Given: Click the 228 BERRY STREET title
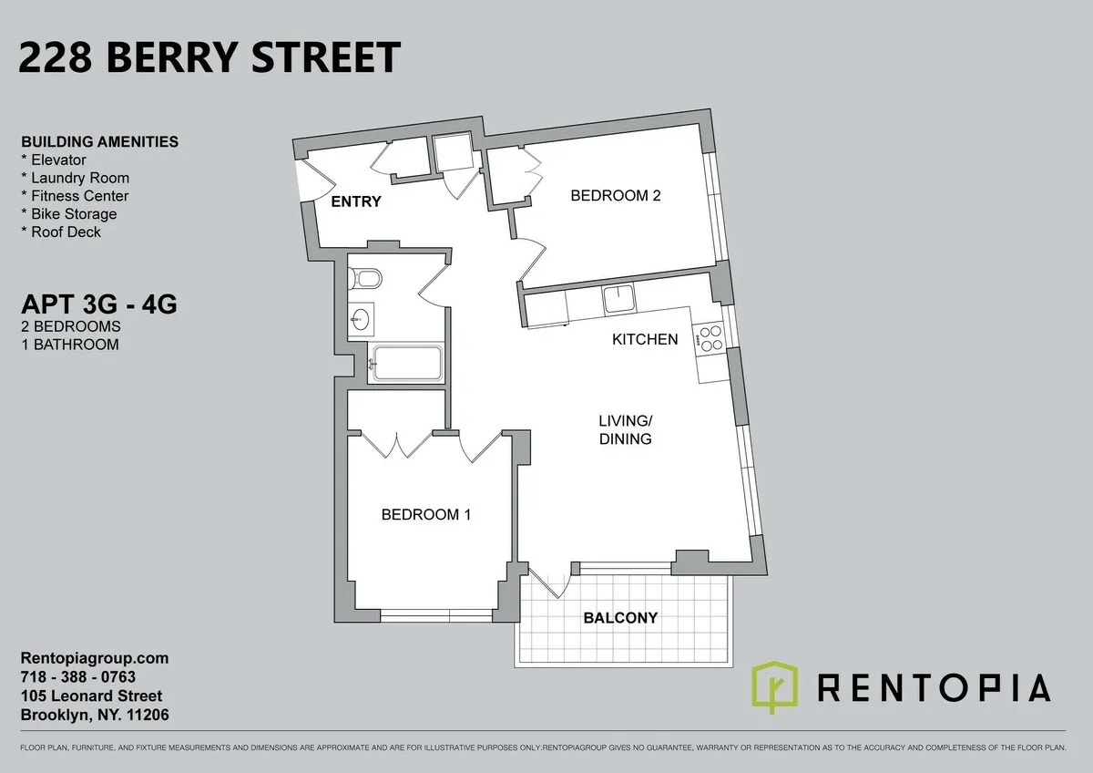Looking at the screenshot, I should pyautogui.click(x=209, y=58).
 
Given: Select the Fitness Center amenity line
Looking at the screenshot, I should pyautogui.click(x=75, y=196).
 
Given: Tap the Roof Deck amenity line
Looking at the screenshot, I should pyautogui.click(x=61, y=232).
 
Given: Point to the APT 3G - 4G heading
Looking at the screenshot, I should pyautogui.click(x=98, y=303).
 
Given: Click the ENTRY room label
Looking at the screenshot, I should pyautogui.click(x=355, y=201).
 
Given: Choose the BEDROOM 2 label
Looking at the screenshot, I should pyautogui.click(x=615, y=195).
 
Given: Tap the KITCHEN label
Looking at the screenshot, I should pyautogui.click(x=645, y=339).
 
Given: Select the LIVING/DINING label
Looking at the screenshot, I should pyautogui.click(x=625, y=429).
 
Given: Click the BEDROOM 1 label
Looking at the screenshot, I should pyautogui.click(x=425, y=514).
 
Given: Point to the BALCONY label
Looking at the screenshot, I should pyautogui.click(x=620, y=617).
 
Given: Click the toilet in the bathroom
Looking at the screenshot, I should pyautogui.click(x=367, y=277).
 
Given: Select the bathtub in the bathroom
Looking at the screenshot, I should pyautogui.click(x=405, y=364).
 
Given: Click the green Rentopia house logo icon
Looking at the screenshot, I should pyautogui.click(x=774, y=687).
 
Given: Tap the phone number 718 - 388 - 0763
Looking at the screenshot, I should pyautogui.click(x=77, y=677).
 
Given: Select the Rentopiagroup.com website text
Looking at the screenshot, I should pyautogui.click(x=95, y=658).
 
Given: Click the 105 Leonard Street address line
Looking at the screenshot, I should pyautogui.click(x=91, y=696).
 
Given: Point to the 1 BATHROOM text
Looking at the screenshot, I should pyautogui.click(x=69, y=345).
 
